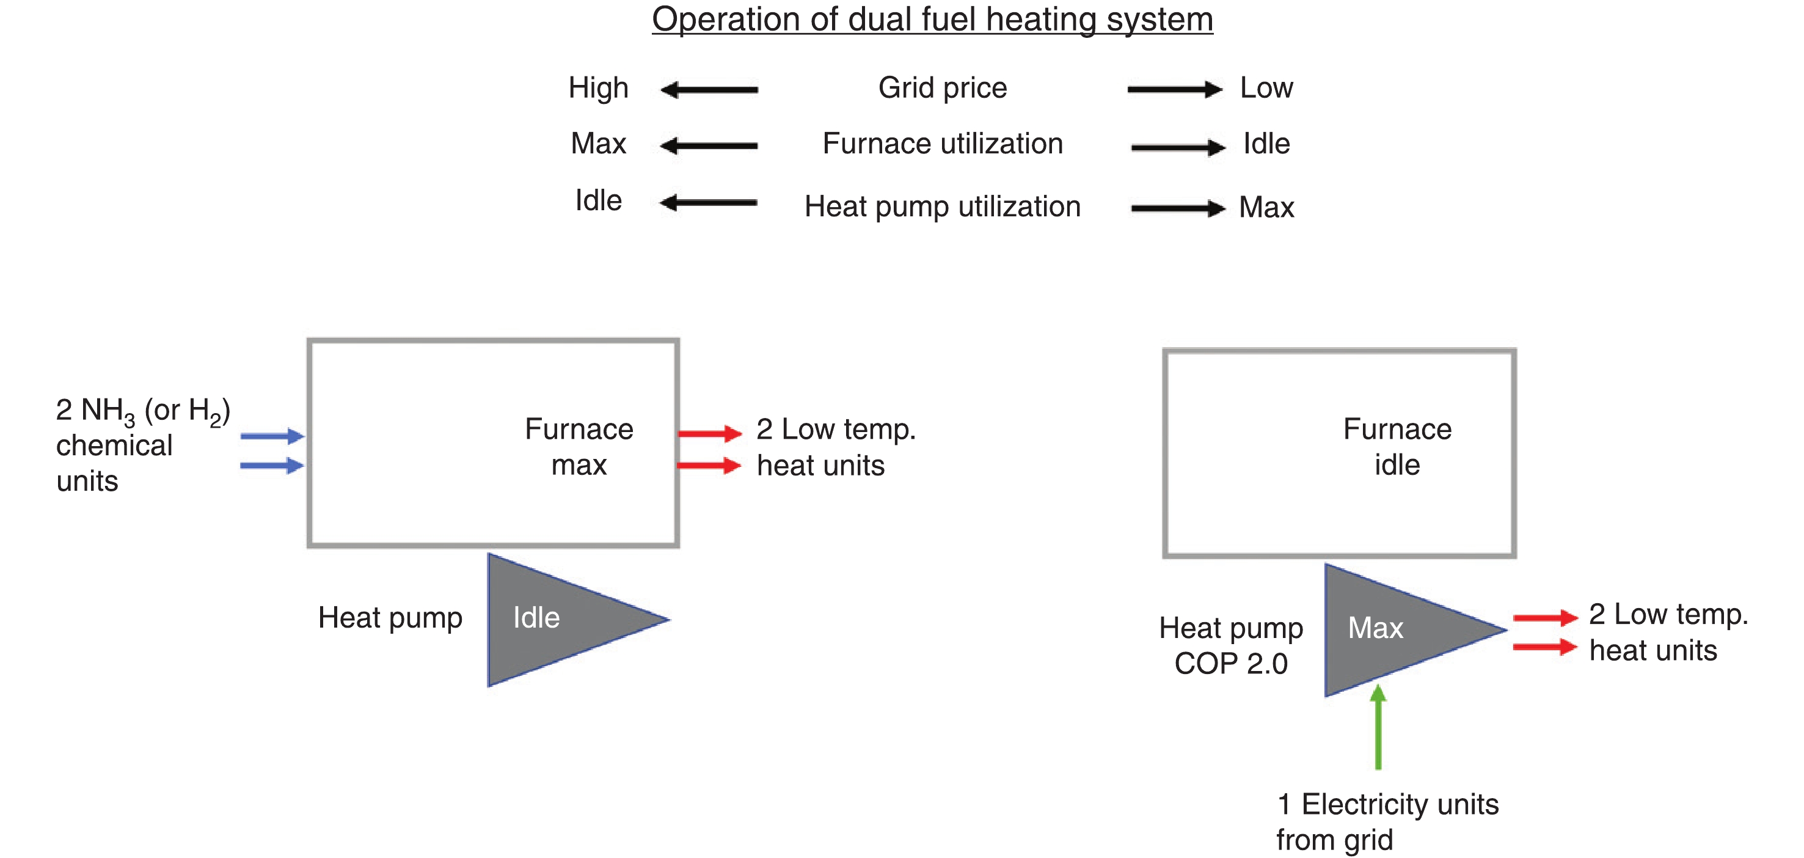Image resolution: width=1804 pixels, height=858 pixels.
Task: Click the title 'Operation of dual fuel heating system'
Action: pyautogui.click(x=932, y=19)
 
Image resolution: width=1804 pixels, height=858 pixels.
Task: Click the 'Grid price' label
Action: pyautogui.click(x=943, y=88)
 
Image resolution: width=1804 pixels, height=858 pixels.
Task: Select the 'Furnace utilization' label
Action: pyautogui.click(x=943, y=144)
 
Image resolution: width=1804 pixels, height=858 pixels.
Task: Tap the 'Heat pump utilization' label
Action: pyautogui.click(x=943, y=207)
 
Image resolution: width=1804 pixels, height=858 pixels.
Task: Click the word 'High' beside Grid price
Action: pyautogui.click(x=598, y=88)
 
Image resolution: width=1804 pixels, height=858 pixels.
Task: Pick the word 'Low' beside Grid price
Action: pyautogui.click(x=1266, y=88)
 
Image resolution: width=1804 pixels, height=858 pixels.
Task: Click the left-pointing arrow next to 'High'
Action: pyautogui.click(x=709, y=90)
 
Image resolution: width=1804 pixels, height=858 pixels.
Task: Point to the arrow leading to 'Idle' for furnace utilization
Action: pyautogui.click(x=1178, y=147)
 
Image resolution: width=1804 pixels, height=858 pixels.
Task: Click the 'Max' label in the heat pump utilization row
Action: pyautogui.click(x=1266, y=207)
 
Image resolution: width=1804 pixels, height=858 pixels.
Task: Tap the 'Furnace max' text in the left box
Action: pyautogui.click(x=579, y=447)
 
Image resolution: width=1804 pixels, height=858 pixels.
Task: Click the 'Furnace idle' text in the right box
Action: pyautogui.click(x=1397, y=447)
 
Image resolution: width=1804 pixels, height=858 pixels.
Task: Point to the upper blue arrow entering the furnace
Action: pyautogui.click(x=272, y=436)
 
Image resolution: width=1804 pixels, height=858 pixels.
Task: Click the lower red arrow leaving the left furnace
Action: pyautogui.click(x=709, y=465)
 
